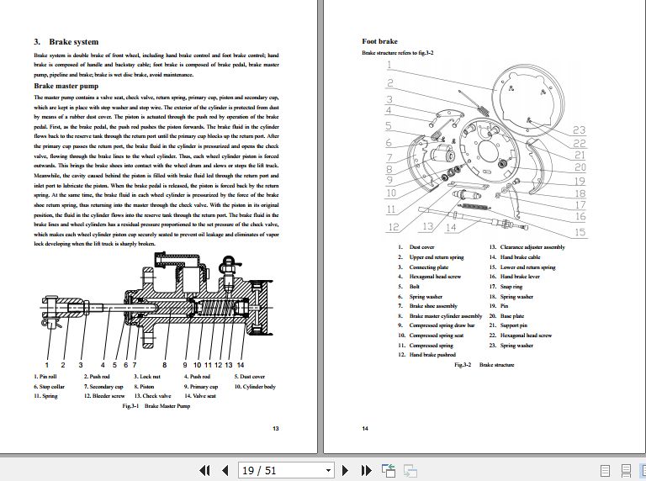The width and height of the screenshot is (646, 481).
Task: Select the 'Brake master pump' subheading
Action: [66, 86]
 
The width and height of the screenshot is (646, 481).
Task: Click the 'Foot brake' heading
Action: [379, 41]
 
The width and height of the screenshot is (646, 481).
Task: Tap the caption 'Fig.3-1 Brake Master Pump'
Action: [157, 405]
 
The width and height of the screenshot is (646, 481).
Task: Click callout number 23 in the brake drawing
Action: [579, 129]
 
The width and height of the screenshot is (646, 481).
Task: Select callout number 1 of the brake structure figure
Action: [389, 65]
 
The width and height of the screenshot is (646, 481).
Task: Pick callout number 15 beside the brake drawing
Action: [580, 232]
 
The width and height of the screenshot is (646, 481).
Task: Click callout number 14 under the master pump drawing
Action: [241, 365]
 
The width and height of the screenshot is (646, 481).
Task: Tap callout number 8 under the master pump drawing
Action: [162, 365]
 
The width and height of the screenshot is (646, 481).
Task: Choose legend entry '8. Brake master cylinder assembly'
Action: [434, 315]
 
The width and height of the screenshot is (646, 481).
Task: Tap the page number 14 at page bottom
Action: [366, 429]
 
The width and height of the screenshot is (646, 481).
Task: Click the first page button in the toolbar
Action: [203, 470]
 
